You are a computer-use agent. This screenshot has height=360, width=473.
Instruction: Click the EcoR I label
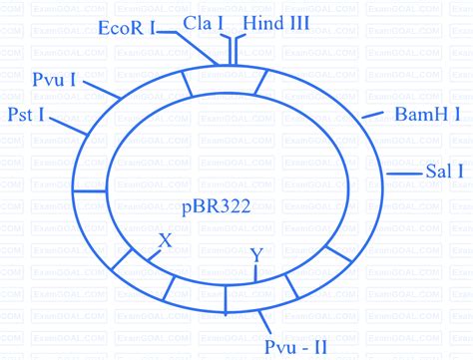pos(127,29)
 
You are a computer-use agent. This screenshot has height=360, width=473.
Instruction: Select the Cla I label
pos(202,22)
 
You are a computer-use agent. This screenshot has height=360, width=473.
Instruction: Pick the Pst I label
pos(23,115)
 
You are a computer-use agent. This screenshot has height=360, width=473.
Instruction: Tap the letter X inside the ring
pos(166,241)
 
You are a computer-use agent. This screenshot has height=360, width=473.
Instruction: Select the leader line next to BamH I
pos(372,116)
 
